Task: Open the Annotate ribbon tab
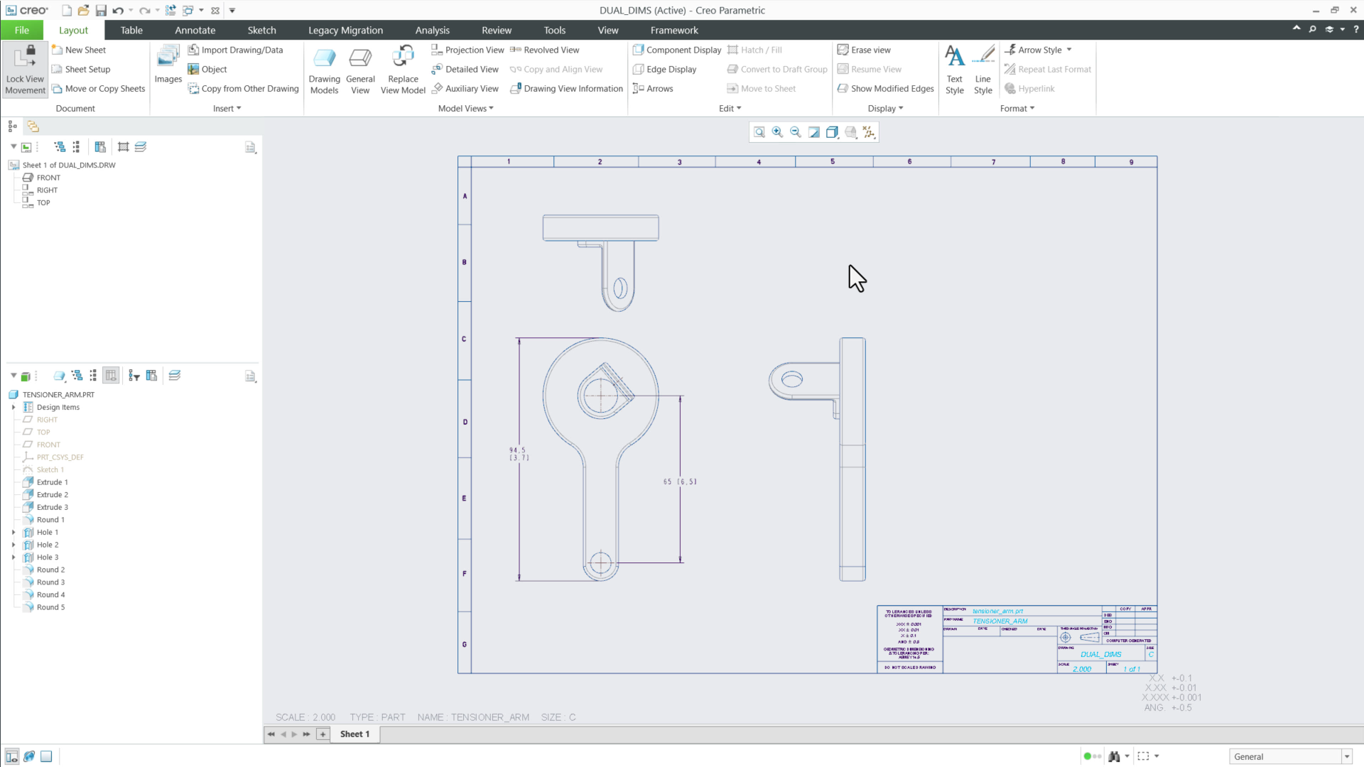click(195, 31)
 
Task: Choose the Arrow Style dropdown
click(1039, 50)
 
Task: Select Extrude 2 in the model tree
click(52, 495)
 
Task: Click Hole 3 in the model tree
click(48, 557)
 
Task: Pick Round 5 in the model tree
click(50, 608)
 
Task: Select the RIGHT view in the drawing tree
click(47, 190)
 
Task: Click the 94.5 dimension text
click(517, 450)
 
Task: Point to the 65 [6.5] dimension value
click(679, 482)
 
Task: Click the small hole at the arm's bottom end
click(601, 563)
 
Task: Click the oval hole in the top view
click(620, 288)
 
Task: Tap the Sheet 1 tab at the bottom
click(354, 734)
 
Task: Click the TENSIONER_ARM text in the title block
click(1000, 621)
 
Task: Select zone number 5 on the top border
click(833, 162)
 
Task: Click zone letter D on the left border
click(465, 422)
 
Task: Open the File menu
click(22, 31)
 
